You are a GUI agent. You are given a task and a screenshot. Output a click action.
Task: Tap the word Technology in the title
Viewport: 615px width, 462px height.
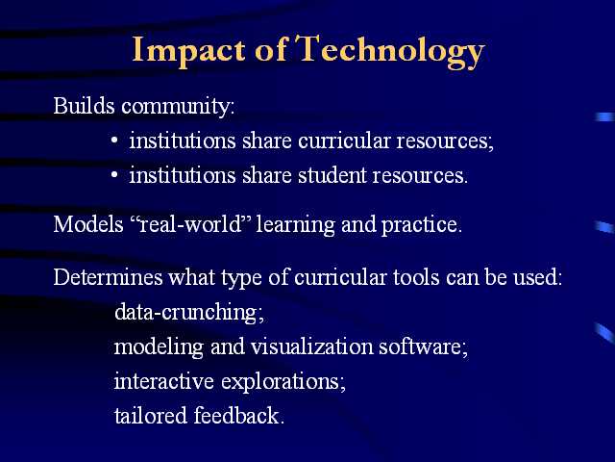pos(390,52)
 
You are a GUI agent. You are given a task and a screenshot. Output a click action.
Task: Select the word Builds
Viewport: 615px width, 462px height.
pos(84,106)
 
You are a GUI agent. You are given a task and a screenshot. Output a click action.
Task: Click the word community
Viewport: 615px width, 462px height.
pos(178,107)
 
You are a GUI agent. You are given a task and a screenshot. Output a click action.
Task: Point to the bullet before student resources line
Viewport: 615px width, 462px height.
pos(114,175)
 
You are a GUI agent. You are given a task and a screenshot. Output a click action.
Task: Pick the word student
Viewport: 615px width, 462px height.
pos(332,175)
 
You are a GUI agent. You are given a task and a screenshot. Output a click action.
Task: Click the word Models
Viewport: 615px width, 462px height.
pos(88,224)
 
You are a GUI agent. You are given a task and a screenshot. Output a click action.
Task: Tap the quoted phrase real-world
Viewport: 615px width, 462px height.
pos(191,224)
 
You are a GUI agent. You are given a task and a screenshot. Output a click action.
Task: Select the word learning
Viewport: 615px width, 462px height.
pos(295,225)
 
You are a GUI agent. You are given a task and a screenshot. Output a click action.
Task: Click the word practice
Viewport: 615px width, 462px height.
pos(422,225)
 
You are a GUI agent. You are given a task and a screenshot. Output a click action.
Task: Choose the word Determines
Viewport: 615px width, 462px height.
pos(108,277)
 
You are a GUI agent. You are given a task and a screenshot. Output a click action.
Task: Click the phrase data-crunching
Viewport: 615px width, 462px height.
pos(189,313)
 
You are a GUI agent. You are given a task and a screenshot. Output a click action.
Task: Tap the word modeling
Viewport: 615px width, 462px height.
pos(159,347)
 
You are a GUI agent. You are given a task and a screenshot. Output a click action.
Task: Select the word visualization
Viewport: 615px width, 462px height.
pos(311,346)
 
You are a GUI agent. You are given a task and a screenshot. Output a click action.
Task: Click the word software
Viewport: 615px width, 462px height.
pos(424,346)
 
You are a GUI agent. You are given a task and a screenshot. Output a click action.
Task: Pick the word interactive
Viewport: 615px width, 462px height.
pos(164,381)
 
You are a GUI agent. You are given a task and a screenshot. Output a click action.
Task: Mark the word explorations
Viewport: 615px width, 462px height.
pos(283,382)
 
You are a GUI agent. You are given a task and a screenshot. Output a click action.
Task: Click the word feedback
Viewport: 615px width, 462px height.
pos(238,415)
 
